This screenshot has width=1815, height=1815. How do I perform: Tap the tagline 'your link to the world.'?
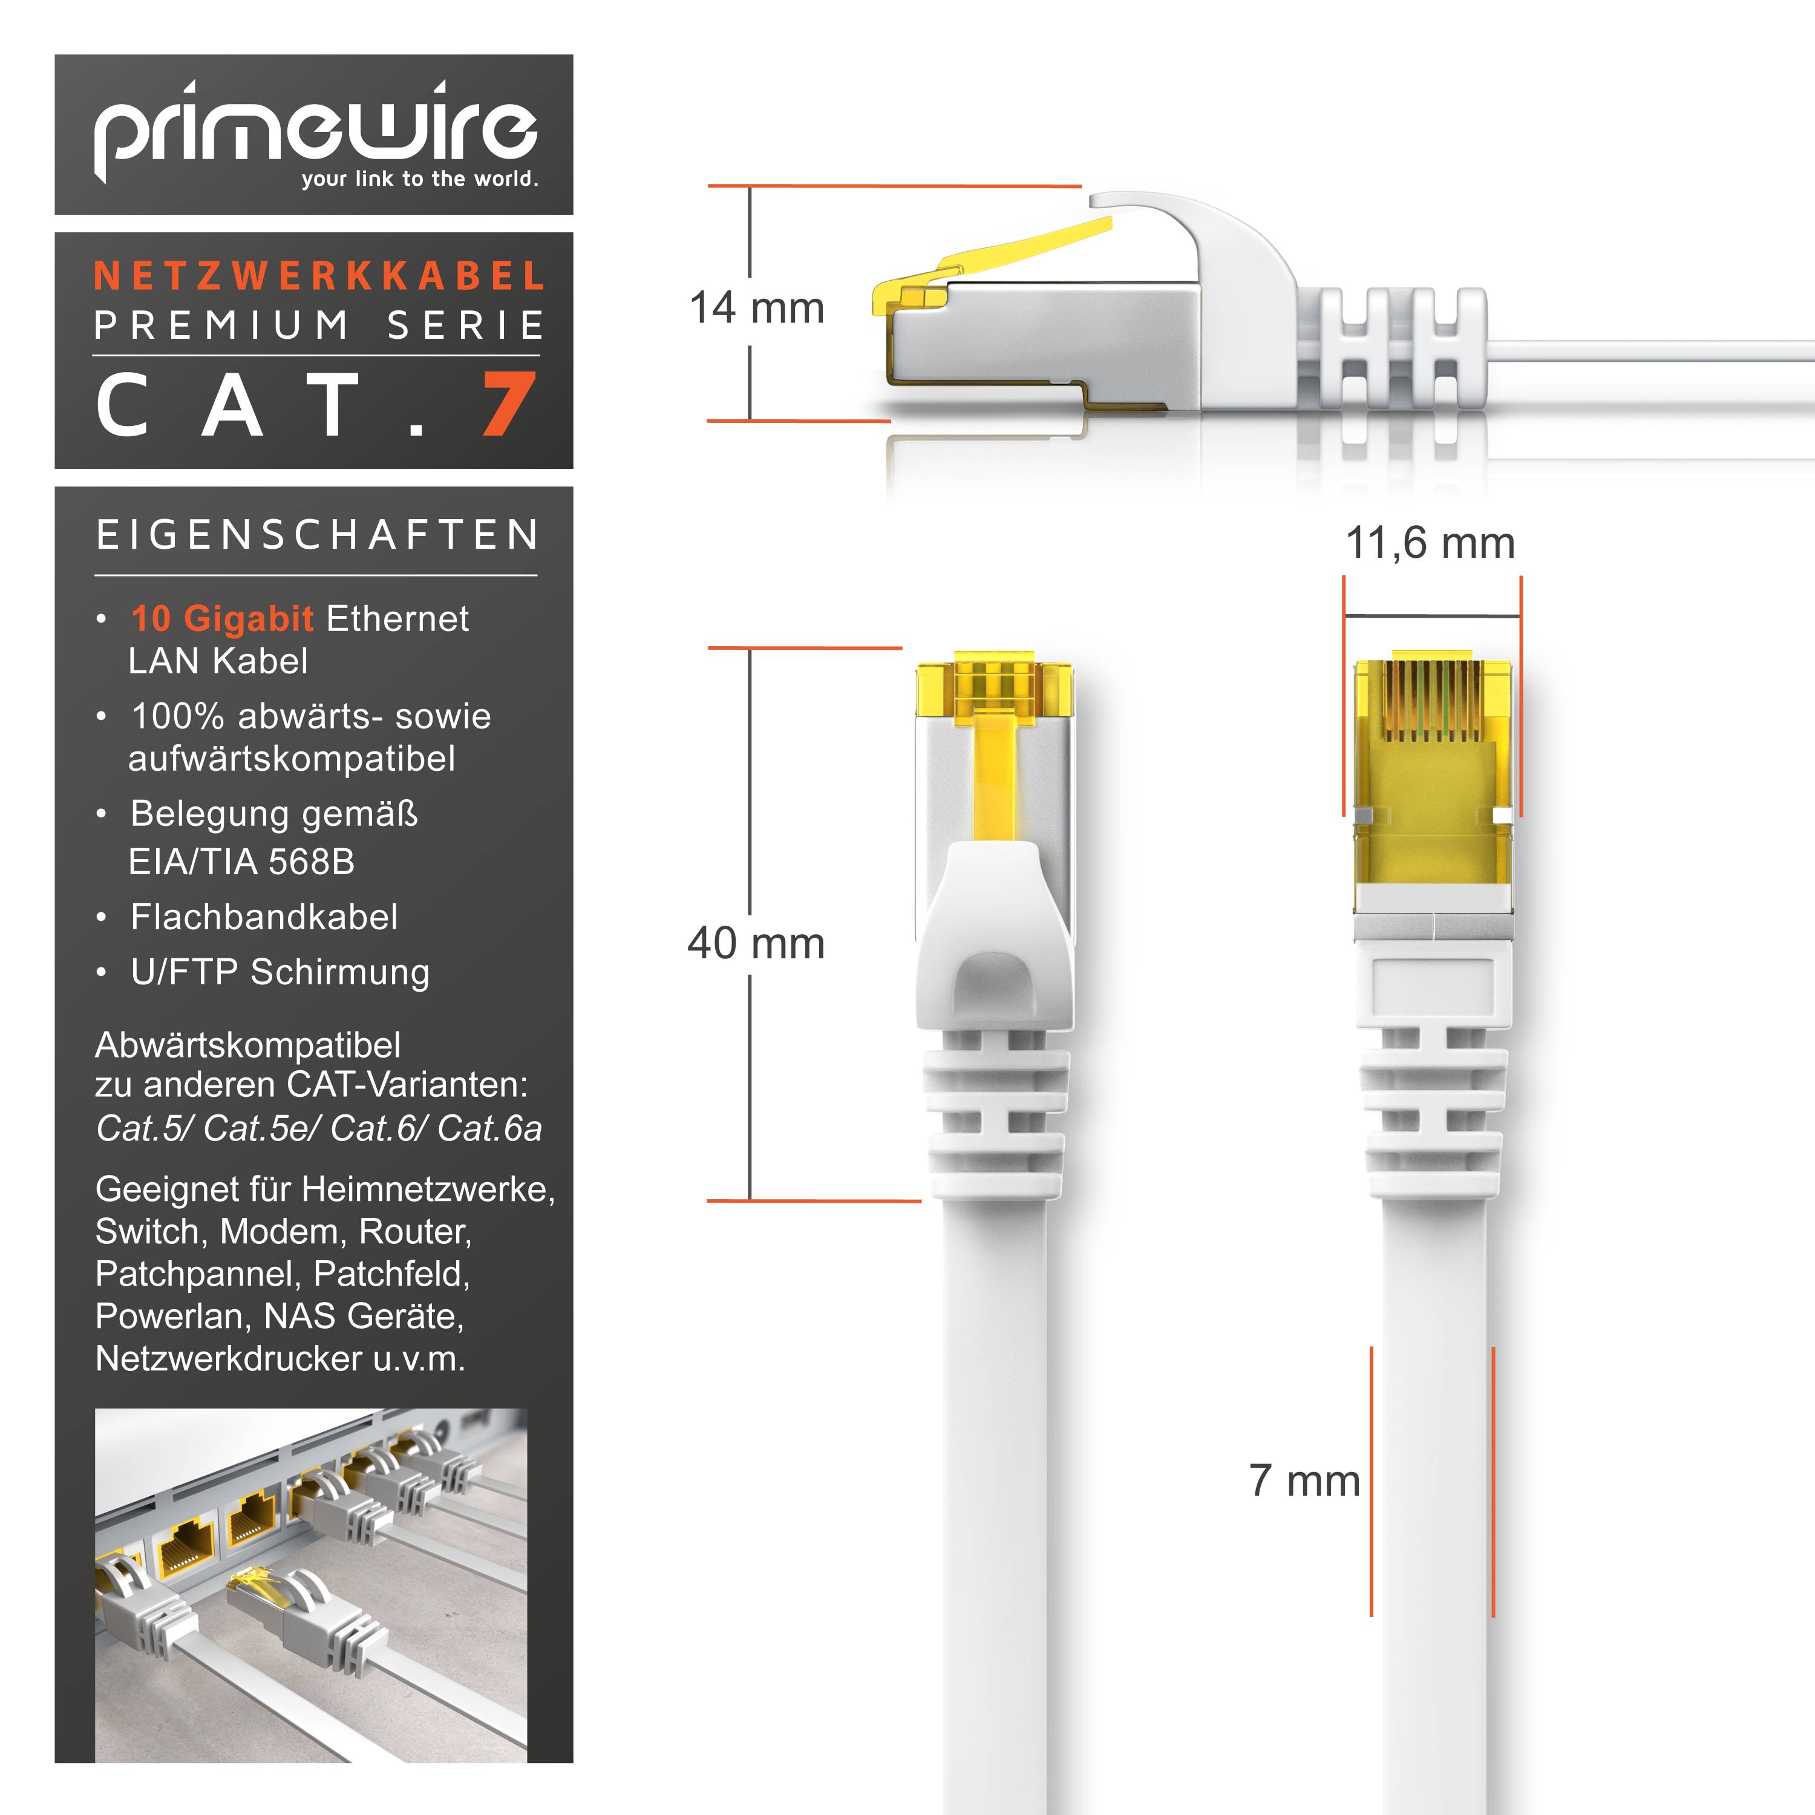pyautogui.click(x=419, y=178)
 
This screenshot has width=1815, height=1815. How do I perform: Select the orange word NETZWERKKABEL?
pyautogui.click(x=319, y=276)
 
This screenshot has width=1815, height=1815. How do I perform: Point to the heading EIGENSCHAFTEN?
pyautogui.click(x=318, y=535)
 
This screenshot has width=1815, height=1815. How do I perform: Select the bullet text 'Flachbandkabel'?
pyautogui.click(x=264, y=917)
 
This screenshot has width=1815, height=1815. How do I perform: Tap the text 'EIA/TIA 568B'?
pyautogui.click(x=241, y=862)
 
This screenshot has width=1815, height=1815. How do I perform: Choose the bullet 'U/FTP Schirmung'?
pyautogui.click(x=280, y=972)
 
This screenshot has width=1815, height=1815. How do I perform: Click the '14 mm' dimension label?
pyautogui.click(x=756, y=308)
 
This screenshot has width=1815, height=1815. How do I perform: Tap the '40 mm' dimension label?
pyautogui.click(x=756, y=943)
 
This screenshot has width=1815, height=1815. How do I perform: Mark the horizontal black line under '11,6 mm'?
pyautogui.click(x=1431, y=616)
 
